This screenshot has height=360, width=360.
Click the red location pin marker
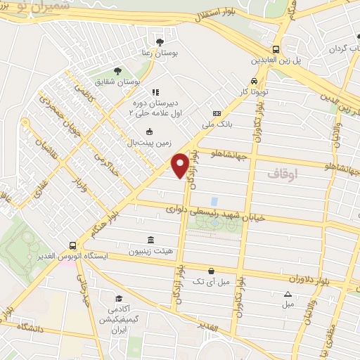click(x=180, y=165)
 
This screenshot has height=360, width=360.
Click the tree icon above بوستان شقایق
click(x=117, y=70)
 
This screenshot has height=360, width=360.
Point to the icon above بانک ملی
click(x=216, y=113)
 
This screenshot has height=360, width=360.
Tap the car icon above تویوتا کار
click(x=253, y=80)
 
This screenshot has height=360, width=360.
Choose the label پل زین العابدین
click(x=297, y=61)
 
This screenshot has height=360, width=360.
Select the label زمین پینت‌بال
click(x=149, y=143)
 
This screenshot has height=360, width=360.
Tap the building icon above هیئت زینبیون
click(x=151, y=239)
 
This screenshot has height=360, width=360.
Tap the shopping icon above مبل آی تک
click(x=211, y=270)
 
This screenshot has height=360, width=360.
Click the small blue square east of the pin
click(x=213, y=201)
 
